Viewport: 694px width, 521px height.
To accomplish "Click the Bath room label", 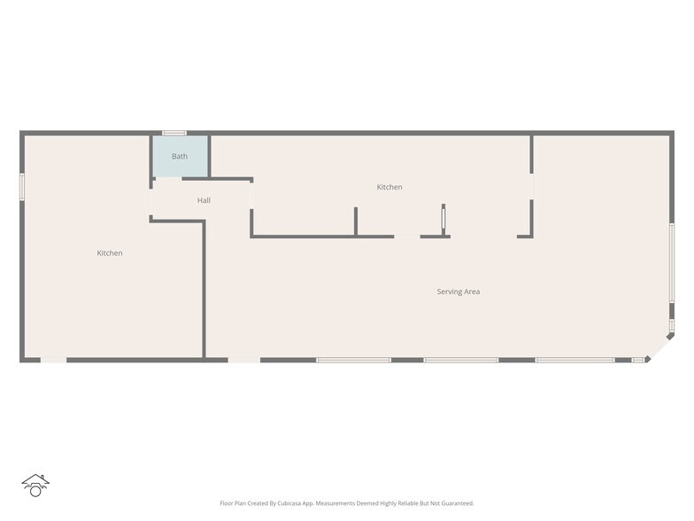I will tap(180, 157).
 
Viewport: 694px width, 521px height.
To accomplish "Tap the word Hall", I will tap(204, 201).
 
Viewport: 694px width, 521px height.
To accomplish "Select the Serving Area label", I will tap(459, 292).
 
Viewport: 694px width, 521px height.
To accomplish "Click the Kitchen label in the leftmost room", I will tap(110, 253).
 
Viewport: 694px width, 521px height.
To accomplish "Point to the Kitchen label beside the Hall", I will tap(389, 187).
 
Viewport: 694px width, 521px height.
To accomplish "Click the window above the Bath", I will tap(173, 133).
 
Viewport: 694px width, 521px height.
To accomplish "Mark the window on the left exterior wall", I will tap(22, 187).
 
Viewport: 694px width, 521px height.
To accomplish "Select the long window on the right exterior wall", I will tap(672, 262).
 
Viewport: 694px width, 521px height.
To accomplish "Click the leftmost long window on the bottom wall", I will tap(353, 360).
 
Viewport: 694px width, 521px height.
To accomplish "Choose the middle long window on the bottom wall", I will tap(460, 360).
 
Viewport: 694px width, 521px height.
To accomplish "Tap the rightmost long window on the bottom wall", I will tap(574, 360).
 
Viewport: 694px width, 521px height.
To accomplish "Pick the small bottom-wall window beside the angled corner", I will tap(638, 360).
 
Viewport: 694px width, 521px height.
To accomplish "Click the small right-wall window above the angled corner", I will tap(672, 325).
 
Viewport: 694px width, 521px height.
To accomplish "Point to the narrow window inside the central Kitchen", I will tap(443, 219).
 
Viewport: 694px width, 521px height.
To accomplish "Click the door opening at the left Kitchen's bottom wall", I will tap(53, 360).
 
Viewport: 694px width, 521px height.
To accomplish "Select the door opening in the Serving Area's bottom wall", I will tap(244, 360).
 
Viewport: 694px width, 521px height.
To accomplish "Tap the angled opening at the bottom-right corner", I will tap(659, 347).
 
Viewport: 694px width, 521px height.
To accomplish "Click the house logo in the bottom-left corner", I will tap(35, 485).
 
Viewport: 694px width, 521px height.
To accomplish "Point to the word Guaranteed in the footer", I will tap(454, 503).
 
